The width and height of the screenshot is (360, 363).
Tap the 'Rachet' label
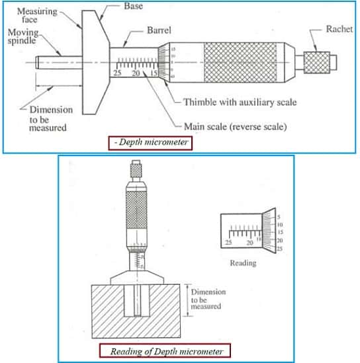(x=338, y=29)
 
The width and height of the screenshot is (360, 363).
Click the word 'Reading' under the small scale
(x=243, y=262)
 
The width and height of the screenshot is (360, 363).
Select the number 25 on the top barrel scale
(x=117, y=73)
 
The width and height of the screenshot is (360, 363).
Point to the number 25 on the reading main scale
(x=229, y=243)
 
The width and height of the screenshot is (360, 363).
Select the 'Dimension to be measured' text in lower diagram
(x=208, y=299)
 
